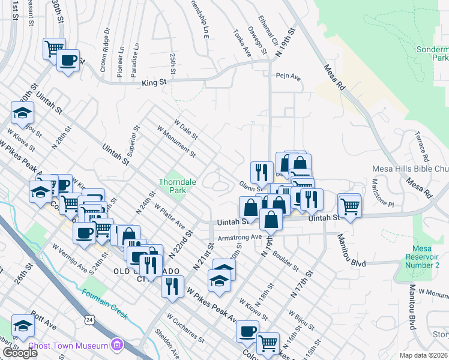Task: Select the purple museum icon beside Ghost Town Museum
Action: coord(118,345)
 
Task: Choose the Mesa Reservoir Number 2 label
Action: coord(427,257)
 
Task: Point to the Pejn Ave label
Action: coord(288,77)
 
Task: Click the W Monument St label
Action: coord(176,142)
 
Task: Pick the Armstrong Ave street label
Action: coord(240,237)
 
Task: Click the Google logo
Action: coord(20,353)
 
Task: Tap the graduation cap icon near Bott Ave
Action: coord(23,326)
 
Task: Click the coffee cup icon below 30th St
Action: coord(68,60)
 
